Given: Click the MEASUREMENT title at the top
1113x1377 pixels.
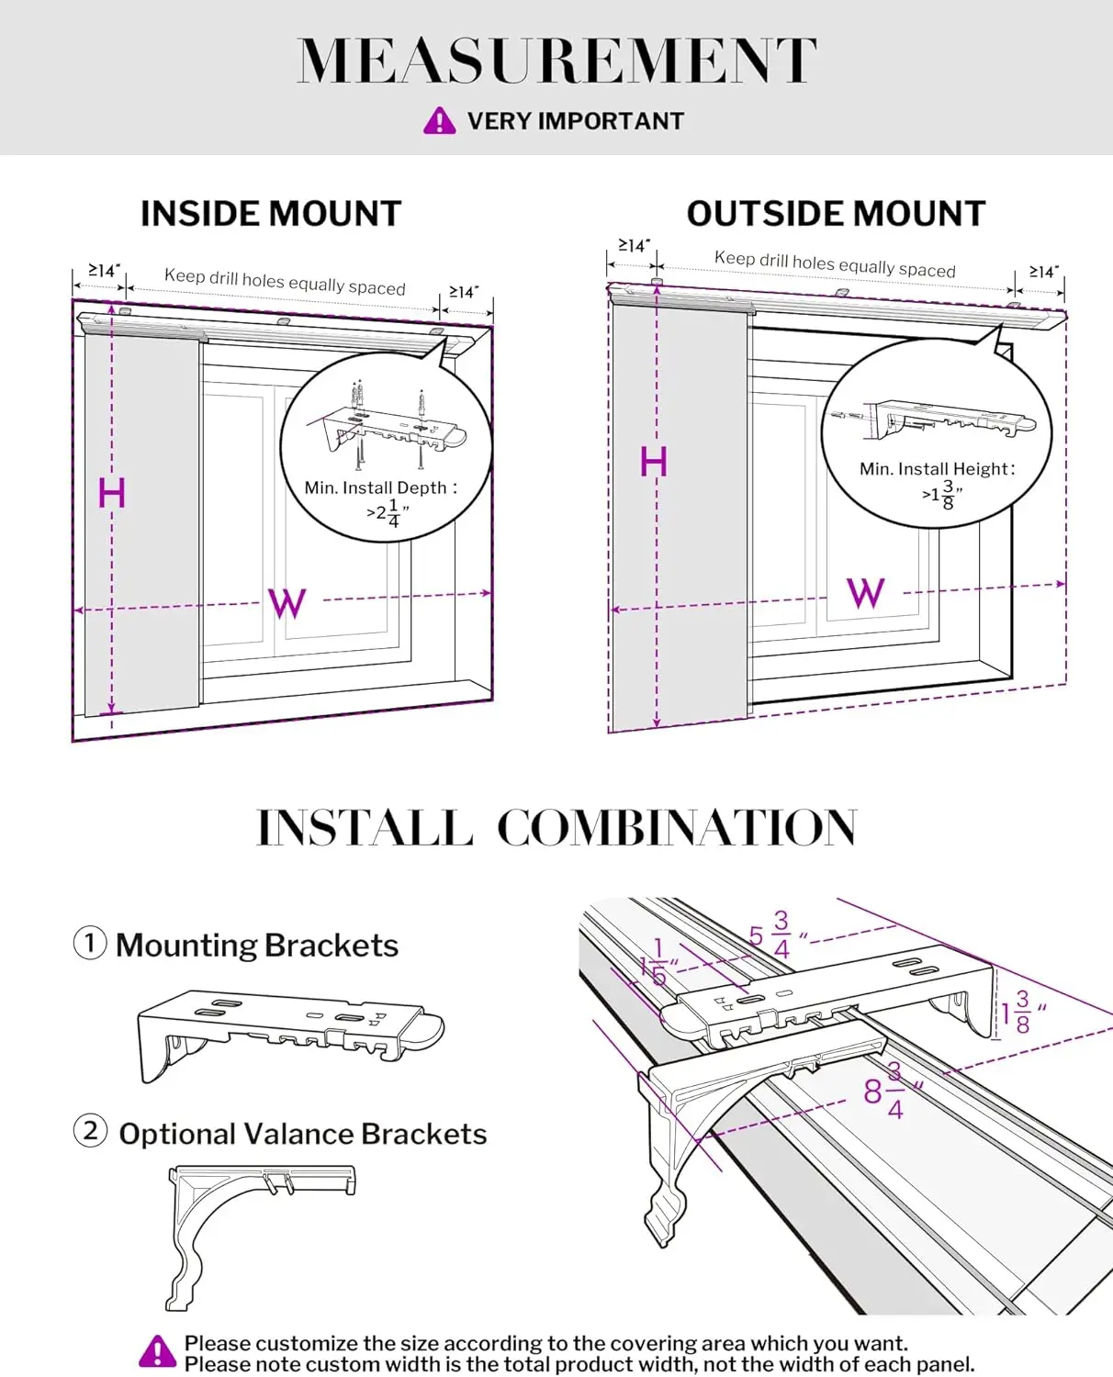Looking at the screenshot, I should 556,61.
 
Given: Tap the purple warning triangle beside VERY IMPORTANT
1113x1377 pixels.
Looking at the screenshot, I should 439,121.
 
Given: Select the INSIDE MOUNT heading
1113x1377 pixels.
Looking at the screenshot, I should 271,214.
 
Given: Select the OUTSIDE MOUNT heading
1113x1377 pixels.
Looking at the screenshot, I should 836,214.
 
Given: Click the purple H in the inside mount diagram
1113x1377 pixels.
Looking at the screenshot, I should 111,494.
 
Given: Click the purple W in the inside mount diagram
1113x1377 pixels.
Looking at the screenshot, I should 287,603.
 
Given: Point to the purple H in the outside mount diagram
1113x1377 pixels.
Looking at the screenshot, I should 653,462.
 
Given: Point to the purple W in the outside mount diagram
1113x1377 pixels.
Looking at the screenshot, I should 865,593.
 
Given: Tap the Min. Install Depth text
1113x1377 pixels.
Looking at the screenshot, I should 380,488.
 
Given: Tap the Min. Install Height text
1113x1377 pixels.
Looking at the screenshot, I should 937,469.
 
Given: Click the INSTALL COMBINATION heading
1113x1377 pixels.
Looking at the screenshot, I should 556,828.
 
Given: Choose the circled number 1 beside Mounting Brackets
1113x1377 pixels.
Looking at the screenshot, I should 90,943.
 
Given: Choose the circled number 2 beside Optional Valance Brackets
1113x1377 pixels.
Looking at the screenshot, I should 90,1130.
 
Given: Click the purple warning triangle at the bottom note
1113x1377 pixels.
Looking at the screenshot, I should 158,1352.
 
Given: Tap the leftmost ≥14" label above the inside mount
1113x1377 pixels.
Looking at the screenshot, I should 104,271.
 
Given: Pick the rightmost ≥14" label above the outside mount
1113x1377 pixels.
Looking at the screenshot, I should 1043,272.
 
